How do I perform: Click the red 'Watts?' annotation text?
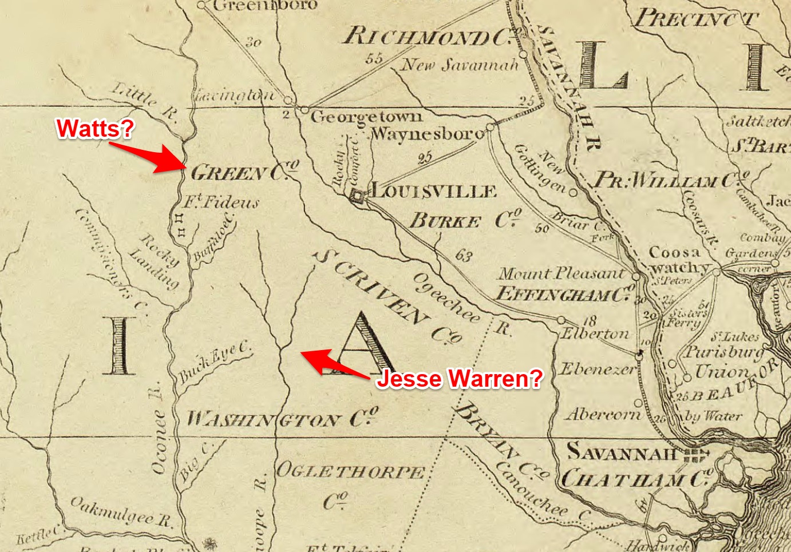pos(95,128)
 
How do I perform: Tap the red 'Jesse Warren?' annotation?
pos(458,379)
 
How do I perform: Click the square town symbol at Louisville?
pos(358,196)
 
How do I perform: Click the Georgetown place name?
pos(366,117)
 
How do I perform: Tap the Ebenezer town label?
pos(597,369)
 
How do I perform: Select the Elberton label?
pos(595,333)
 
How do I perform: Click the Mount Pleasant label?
pos(561,274)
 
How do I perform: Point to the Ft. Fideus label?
pos(221,202)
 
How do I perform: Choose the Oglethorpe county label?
pos(350,472)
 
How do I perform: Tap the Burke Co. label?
pos(465,220)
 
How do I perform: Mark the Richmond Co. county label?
pos(427,37)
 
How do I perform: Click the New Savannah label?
pos(460,65)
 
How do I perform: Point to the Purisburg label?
pos(725,352)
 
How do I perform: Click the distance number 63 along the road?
pos(464,255)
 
